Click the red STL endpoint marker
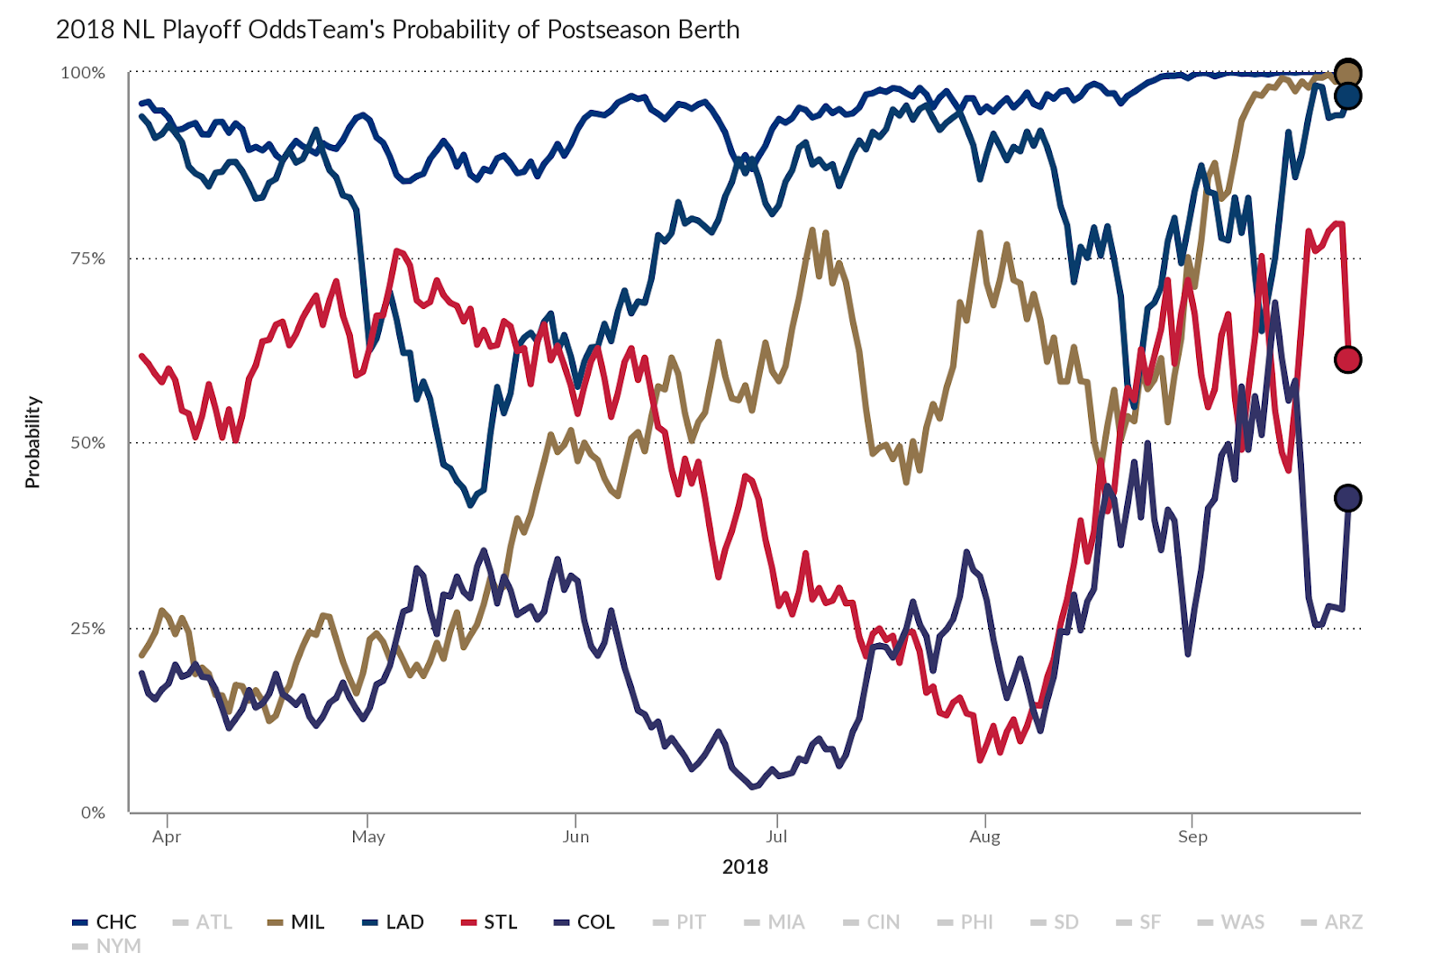[1347, 360]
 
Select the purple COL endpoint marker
[1347, 498]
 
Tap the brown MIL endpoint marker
[1347, 73]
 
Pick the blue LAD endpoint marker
[1347, 96]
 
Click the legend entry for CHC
[105, 922]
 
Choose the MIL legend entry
[297, 922]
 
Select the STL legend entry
[490, 922]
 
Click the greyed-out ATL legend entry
[204, 922]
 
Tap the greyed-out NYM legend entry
[108, 947]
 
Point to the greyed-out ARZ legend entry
[1333, 922]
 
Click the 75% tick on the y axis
[87, 258]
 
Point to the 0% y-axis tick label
[93, 812]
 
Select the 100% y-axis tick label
[83, 73]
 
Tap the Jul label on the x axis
[776, 837]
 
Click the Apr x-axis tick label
[167, 837]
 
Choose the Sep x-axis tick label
[1192, 837]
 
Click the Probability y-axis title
[32, 442]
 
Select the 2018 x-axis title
[745, 867]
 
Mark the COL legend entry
[585, 922]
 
